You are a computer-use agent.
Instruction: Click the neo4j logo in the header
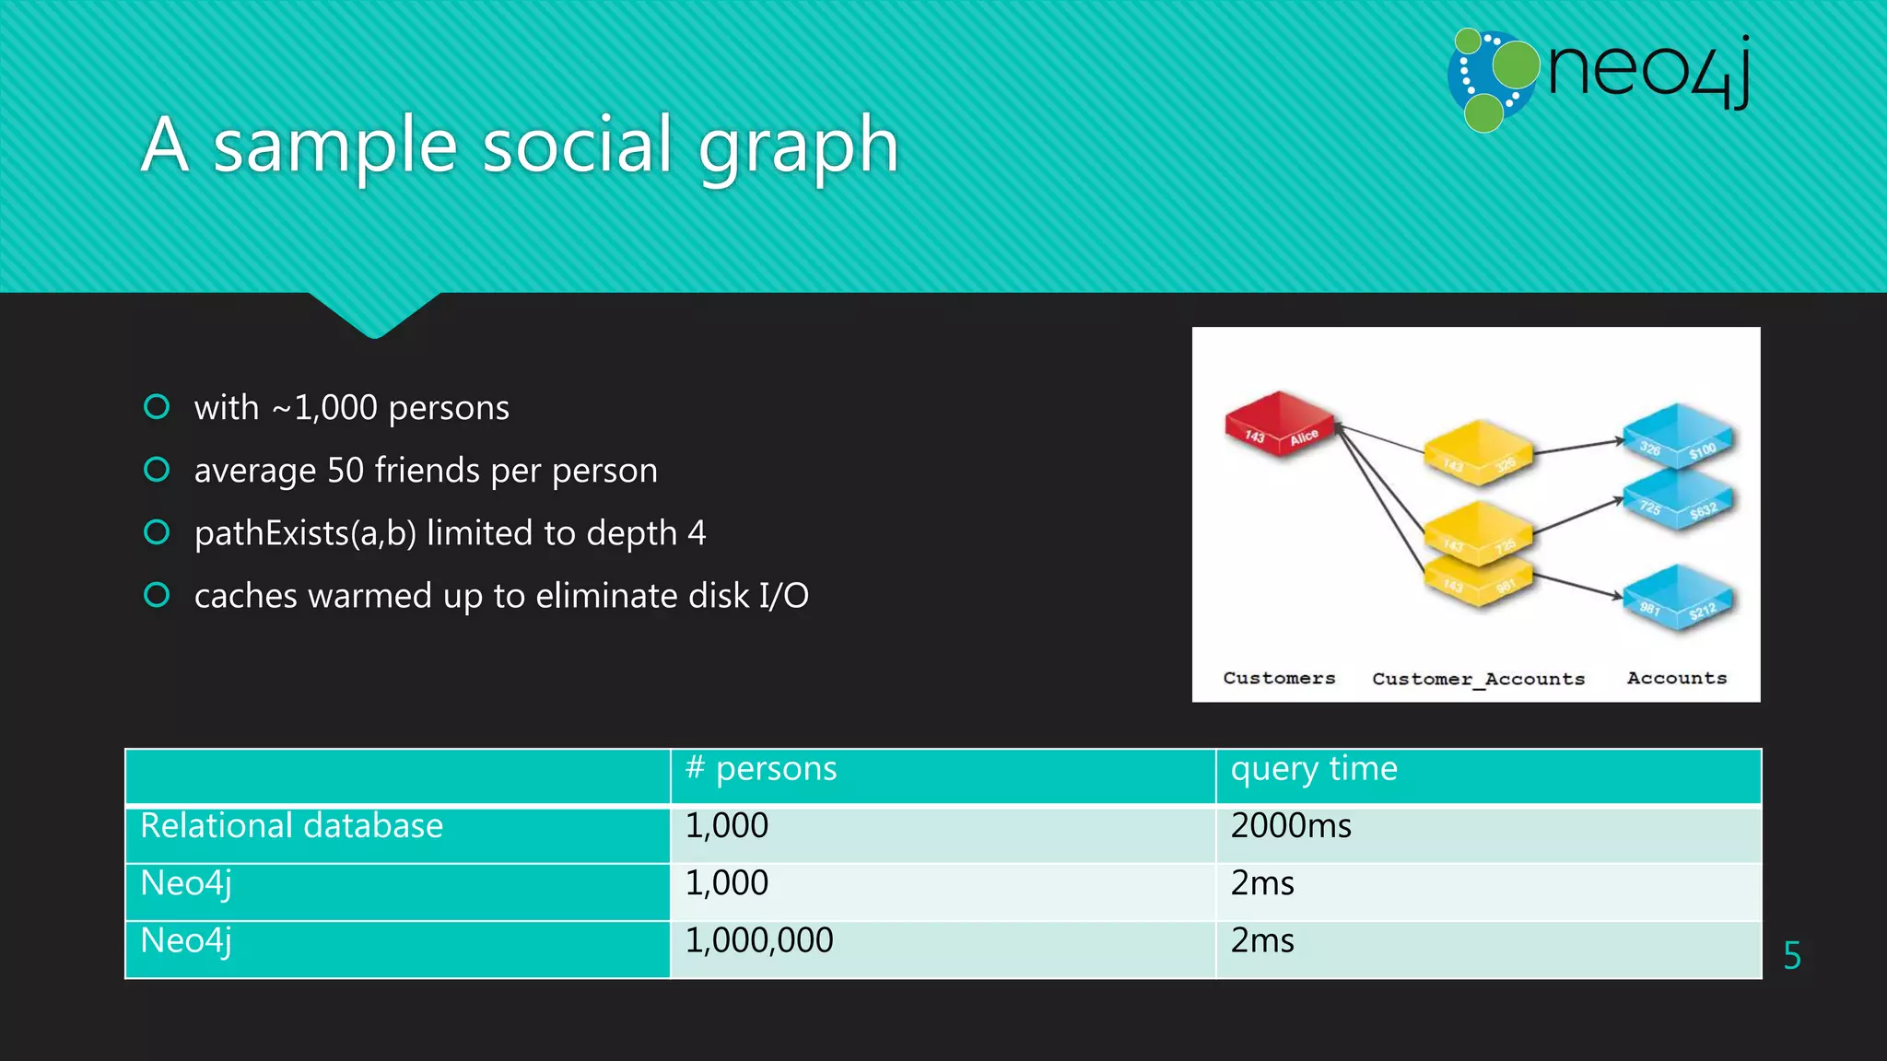1599,78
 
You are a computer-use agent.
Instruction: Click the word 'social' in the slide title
577,145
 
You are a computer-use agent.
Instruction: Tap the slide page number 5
1791,955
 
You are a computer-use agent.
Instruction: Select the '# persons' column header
761,768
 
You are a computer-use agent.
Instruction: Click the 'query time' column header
1314,768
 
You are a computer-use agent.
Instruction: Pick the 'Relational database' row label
291,825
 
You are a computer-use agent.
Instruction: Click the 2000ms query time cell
1291,826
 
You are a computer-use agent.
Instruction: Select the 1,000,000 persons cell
759,940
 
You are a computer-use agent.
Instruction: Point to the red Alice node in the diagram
1279,425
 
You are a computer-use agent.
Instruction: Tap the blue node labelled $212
1678,599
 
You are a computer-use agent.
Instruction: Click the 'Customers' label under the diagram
1279,678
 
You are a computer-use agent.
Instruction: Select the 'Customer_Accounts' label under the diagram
1478,679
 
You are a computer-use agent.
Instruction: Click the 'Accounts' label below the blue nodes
1677,678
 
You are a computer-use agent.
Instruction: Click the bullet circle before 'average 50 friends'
157,470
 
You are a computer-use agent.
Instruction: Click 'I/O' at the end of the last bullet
783,596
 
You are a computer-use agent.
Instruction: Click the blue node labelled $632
1678,501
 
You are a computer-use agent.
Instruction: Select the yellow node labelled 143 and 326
1478,452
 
